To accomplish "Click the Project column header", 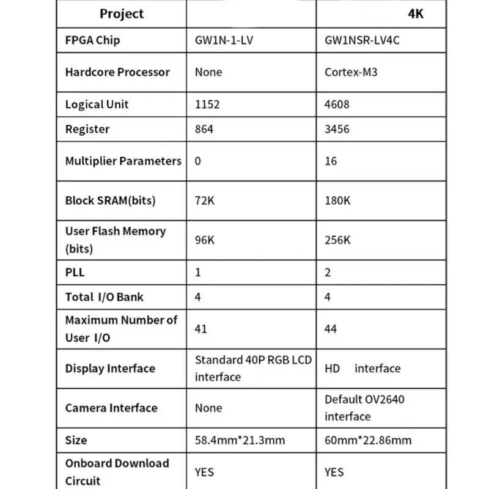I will point(122,13).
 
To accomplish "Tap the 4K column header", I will point(415,14).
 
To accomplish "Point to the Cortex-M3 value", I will point(351,72).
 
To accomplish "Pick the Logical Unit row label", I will point(97,104).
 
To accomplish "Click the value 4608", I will point(337,104).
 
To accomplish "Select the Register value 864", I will point(205,129).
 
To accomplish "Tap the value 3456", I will point(337,129).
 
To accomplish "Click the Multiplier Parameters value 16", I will point(331,161).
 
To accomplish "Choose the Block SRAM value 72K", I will point(205,200).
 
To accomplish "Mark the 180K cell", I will point(337,200).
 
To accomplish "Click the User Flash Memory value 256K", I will point(337,240).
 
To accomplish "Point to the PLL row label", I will point(75,273).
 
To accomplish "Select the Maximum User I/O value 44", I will point(331,329).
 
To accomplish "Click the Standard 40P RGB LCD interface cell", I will point(252,368).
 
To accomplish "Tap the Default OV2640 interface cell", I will point(364,408).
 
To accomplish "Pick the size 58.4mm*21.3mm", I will point(240,440).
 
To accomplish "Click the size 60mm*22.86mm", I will point(368,440).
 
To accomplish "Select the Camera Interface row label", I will point(111,408).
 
